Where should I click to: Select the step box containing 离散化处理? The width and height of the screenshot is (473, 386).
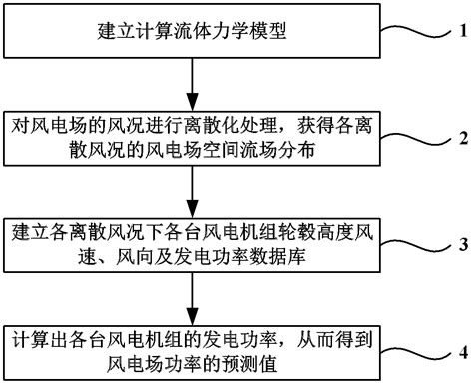[191, 138]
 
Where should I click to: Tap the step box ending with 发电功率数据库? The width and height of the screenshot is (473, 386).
[191, 244]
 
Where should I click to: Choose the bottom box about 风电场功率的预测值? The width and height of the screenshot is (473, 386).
[191, 350]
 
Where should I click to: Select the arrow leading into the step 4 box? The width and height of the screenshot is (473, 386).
[191, 297]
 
